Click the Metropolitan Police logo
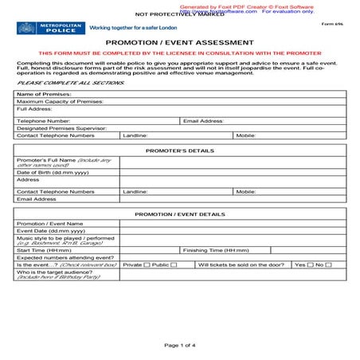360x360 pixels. [x=49, y=28]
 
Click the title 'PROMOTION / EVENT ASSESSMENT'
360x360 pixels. [x=180, y=43]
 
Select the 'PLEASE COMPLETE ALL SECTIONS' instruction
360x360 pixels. [x=59, y=83]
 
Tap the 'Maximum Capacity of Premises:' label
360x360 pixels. [x=60, y=102]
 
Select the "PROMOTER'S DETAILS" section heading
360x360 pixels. [x=180, y=151]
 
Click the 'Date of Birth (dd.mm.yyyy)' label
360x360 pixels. [x=53, y=172]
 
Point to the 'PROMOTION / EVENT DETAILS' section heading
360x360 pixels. [x=180, y=214]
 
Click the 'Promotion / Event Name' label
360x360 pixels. [x=49, y=224]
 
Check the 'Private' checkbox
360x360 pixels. [x=147, y=265]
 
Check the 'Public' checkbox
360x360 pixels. [x=173, y=265]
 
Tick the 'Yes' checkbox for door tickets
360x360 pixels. [x=310, y=265]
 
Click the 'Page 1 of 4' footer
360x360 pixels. [x=180, y=346]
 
